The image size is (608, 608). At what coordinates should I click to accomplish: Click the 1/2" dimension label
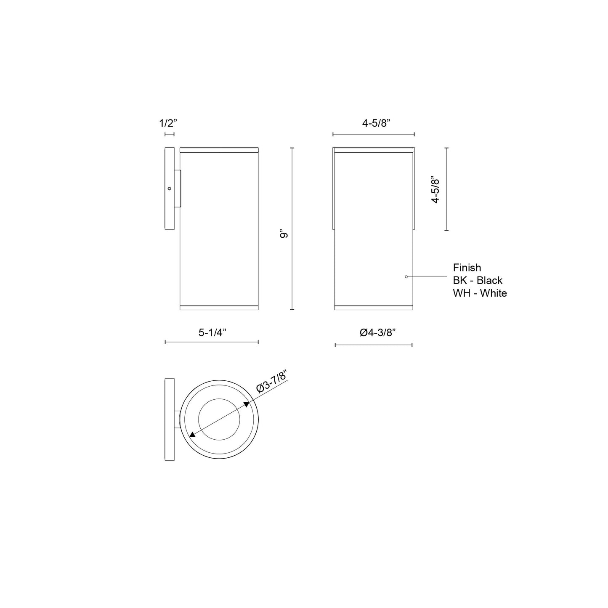pos(168,123)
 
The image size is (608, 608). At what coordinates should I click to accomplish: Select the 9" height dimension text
pos(285,234)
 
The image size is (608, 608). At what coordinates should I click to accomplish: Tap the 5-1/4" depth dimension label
pos(212,332)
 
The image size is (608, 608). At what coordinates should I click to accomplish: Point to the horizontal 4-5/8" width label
pos(376,123)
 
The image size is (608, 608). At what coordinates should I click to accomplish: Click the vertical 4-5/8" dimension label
pos(436,191)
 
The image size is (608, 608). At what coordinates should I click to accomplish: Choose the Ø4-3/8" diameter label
pos(377,332)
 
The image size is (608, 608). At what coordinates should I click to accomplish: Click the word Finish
pos(467,268)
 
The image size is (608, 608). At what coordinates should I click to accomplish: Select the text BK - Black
pos(478,280)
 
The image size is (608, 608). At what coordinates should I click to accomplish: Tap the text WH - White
pos(480,293)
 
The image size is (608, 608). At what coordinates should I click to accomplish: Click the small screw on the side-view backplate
pos(169,189)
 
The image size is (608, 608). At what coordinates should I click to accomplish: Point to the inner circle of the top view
pos(219,419)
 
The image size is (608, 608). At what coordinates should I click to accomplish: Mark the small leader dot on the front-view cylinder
pos(406,276)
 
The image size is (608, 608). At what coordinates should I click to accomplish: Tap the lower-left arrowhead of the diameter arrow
pos(192,435)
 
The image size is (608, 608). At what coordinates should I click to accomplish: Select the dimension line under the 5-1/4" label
pos(212,342)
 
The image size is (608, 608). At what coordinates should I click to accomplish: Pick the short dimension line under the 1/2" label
pos(169,134)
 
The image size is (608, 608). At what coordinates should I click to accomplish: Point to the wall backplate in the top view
pos(169,419)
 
